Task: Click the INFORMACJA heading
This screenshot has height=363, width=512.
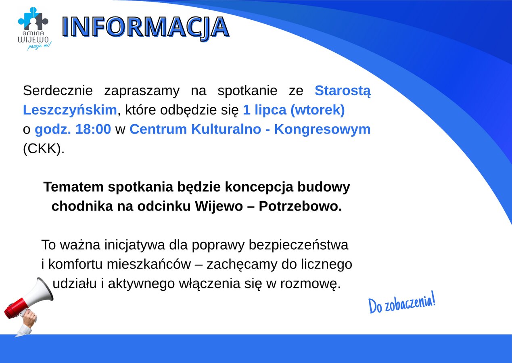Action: [146, 27]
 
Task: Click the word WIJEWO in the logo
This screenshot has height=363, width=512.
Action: [33, 40]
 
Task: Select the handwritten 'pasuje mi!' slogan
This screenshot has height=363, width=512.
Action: [39, 46]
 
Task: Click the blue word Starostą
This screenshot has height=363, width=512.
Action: [342, 91]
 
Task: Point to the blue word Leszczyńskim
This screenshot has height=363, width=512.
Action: [70, 110]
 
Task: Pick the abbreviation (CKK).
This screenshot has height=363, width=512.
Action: [44, 149]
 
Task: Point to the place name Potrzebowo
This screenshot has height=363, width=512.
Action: [300, 207]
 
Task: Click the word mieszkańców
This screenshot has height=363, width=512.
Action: [157, 265]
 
